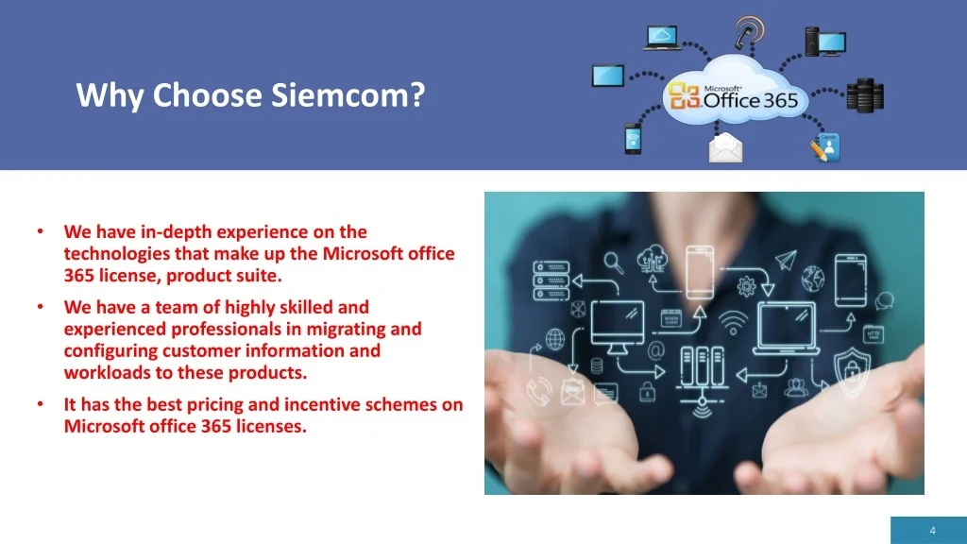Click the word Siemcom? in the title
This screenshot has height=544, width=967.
[x=348, y=95]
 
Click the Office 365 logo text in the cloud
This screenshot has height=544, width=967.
[x=750, y=98]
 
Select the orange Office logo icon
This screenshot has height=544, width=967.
[x=685, y=95]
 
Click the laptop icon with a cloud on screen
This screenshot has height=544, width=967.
[x=662, y=38]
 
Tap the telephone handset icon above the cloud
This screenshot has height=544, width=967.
[x=748, y=32]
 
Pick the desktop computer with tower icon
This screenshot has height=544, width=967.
[x=825, y=42]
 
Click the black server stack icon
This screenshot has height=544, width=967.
[x=865, y=95]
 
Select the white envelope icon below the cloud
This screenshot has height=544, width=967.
[x=726, y=148]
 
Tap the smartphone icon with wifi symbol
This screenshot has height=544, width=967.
[x=633, y=138]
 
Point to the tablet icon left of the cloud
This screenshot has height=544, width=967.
[x=608, y=76]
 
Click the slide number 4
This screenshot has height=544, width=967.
[x=932, y=531]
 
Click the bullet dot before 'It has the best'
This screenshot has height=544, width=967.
[x=41, y=404]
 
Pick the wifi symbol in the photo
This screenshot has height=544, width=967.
[x=733, y=323]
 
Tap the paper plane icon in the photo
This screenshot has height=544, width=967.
[x=787, y=261]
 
